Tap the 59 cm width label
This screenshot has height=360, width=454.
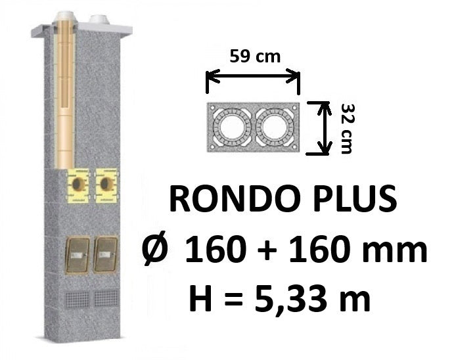(255, 56)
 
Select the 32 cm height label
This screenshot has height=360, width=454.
(347, 129)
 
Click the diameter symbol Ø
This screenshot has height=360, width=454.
(155, 248)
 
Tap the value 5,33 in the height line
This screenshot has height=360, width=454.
(290, 298)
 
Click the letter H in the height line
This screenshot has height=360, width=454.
(200, 298)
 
